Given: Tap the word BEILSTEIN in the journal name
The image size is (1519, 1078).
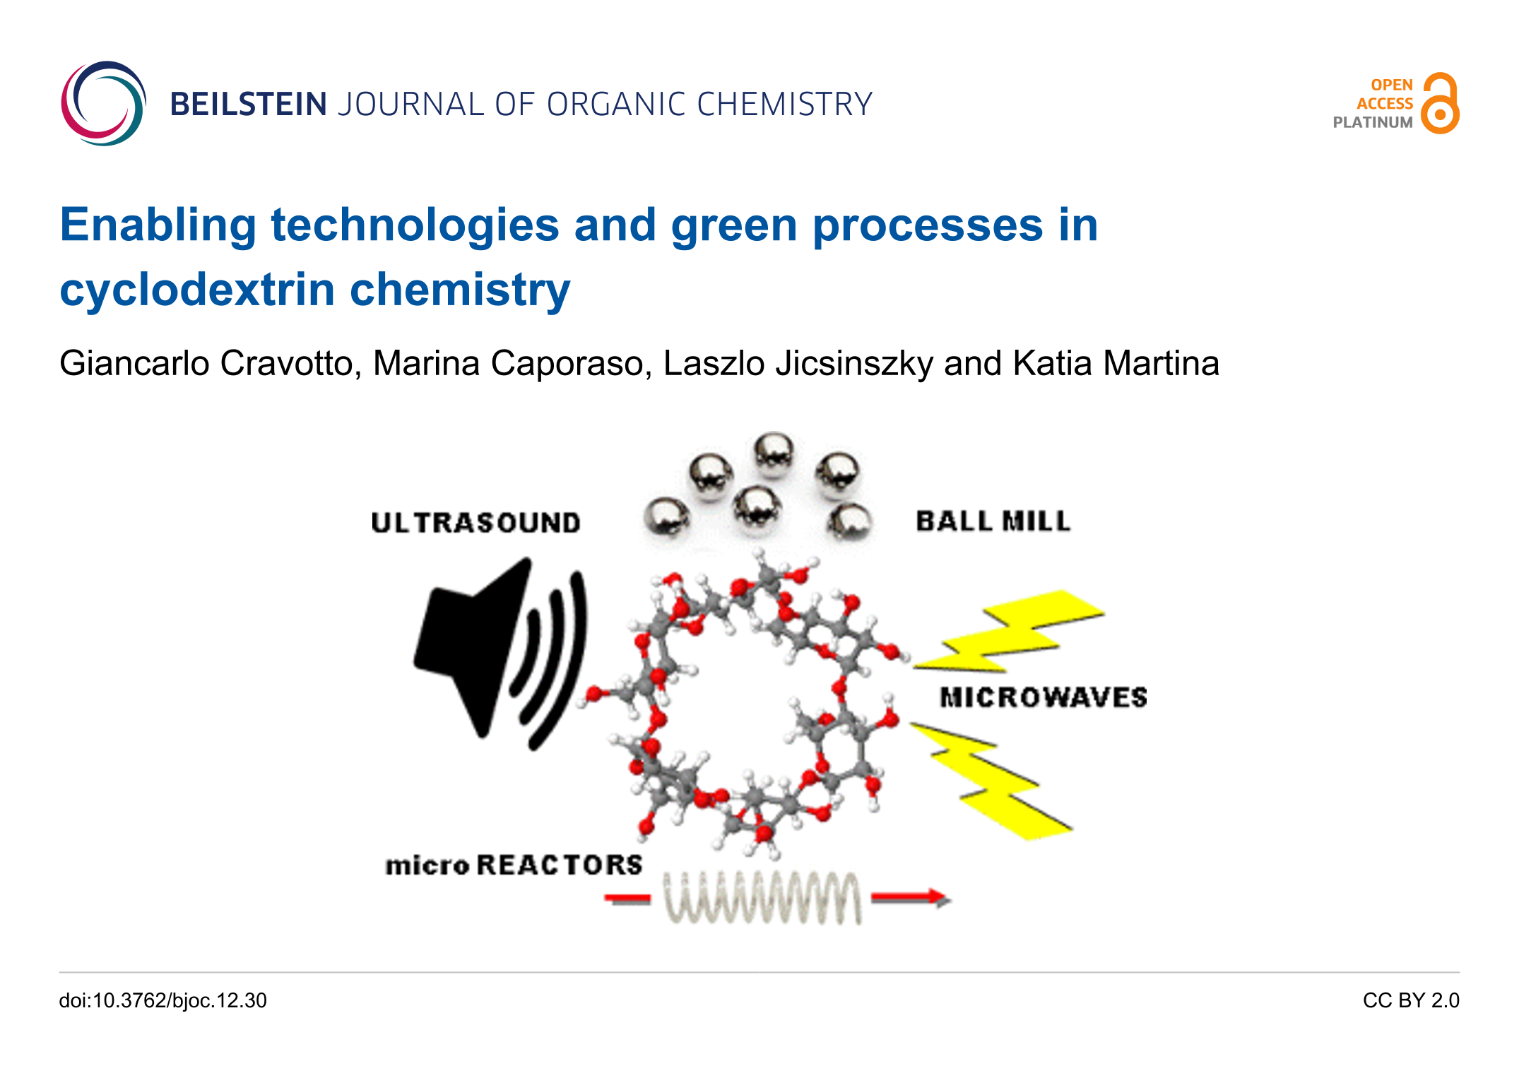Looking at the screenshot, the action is pyautogui.click(x=248, y=105).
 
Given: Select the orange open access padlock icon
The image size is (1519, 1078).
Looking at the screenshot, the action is pyautogui.click(x=1440, y=103).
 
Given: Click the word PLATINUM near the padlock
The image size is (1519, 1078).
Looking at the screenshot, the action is pyautogui.click(x=1372, y=122).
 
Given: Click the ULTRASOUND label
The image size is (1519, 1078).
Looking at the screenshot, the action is pyautogui.click(x=475, y=523).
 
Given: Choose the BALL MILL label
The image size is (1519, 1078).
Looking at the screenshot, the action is pyautogui.click(x=993, y=521).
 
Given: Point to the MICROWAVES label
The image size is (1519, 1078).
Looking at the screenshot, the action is pyautogui.click(x=1043, y=697).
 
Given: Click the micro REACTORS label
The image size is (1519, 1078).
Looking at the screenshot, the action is pyautogui.click(x=514, y=865).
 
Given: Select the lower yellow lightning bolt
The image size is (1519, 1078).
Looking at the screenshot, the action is pyautogui.click(x=989, y=781).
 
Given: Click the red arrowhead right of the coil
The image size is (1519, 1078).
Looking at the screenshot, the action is pyautogui.click(x=940, y=898).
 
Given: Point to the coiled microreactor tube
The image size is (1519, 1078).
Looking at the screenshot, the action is pyautogui.click(x=762, y=897).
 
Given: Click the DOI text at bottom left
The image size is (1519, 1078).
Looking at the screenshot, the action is pyautogui.click(x=163, y=1000).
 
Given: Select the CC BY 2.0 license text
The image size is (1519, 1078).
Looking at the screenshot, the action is pyautogui.click(x=1411, y=1000).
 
